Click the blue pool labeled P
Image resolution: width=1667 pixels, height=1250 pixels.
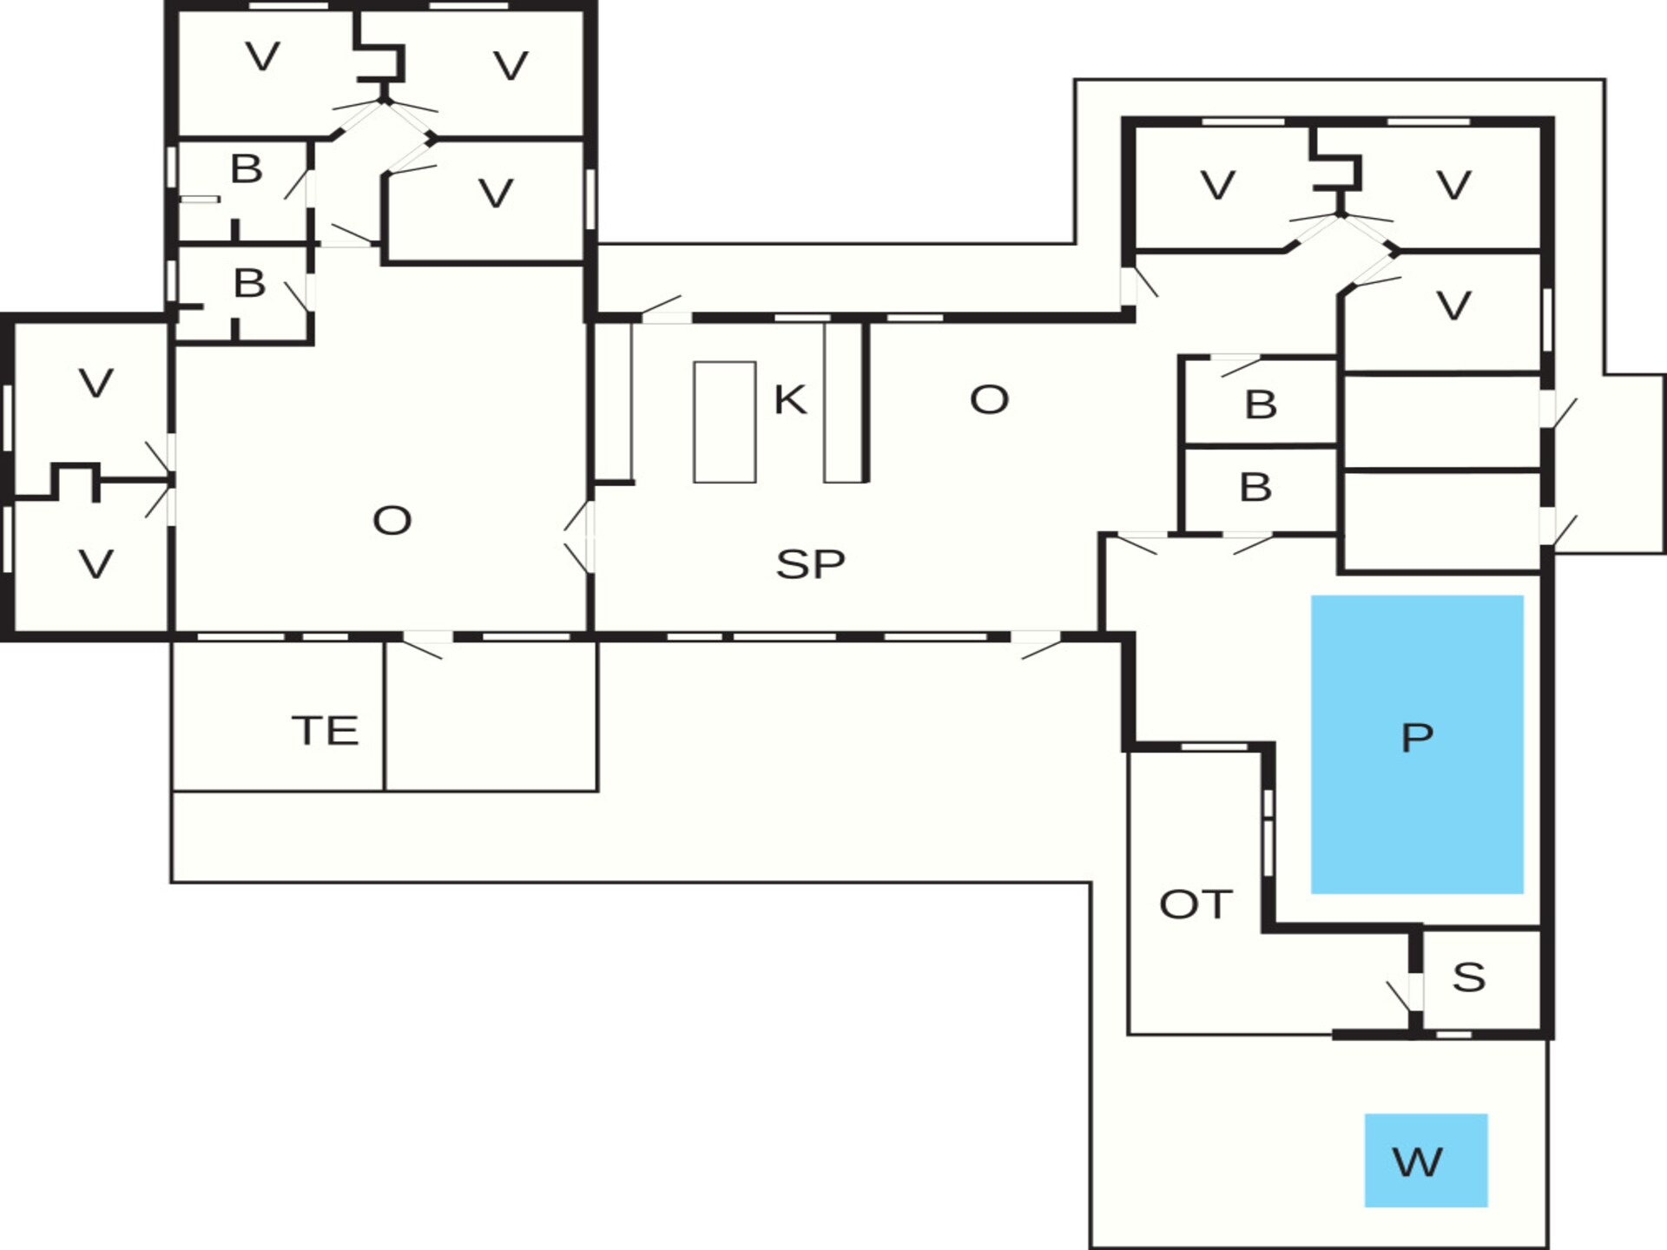[x=1417, y=744]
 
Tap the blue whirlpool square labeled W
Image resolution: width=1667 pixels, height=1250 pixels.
[x=1426, y=1160]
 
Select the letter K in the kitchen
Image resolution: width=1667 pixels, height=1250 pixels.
[x=790, y=400]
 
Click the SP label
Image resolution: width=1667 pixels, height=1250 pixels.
[x=810, y=564]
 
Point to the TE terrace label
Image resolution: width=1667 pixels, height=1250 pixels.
[x=325, y=731]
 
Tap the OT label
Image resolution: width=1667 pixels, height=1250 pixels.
[x=1196, y=905]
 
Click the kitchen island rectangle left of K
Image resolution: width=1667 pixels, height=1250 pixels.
[x=725, y=422]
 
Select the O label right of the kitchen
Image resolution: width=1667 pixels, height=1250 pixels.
[x=989, y=400]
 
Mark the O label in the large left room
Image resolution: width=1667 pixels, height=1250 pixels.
[x=392, y=521]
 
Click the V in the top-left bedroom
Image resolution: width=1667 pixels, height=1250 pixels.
[x=263, y=57]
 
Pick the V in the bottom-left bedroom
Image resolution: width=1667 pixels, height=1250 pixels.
[x=96, y=565]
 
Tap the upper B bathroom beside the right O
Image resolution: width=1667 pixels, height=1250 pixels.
[x=1261, y=405]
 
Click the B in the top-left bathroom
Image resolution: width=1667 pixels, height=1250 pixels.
[x=247, y=169]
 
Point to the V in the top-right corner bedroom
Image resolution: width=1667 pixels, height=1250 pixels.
[x=1453, y=185]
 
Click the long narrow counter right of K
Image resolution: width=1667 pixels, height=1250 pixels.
[x=843, y=402]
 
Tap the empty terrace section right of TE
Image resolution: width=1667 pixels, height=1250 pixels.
[x=491, y=717]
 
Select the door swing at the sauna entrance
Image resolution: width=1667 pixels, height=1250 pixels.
[x=1399, y=996]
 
